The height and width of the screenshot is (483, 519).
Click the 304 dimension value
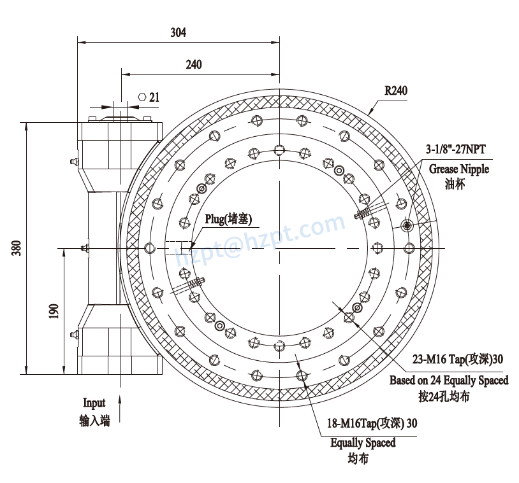pos(179,32)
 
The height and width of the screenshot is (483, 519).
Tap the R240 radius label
pos(395,90)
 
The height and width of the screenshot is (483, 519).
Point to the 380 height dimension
pos(17,248)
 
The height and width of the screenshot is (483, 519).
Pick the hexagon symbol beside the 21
pos(142,97)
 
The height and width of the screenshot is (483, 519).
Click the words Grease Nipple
pos(458,169)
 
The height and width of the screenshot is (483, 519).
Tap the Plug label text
pos(228,219)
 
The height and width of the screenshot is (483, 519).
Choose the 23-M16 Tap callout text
pos(457,359)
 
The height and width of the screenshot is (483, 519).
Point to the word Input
pos(94,402)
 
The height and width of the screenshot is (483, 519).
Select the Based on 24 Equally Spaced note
pos(449,380)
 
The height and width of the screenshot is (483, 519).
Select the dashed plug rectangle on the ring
pos(179,248)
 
